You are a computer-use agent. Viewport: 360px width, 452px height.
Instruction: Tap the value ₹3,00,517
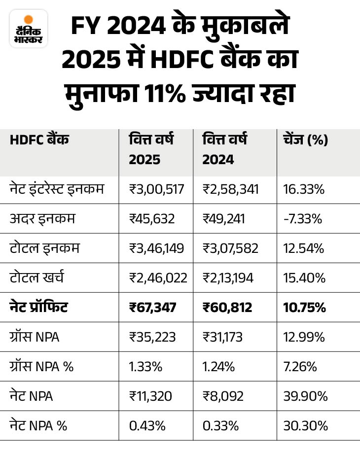click(x=155, y=189)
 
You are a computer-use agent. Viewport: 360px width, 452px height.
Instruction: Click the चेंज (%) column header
click(x=306, y=140)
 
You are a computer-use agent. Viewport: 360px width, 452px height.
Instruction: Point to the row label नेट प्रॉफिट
click(x=39, y=308)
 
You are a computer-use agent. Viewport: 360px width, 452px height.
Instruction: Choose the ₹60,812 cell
click(x=227, y=308)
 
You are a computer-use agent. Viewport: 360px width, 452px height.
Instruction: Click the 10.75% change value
click(x=305, y=308)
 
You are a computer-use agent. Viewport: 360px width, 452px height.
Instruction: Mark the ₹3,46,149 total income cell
click(x=156, y=248)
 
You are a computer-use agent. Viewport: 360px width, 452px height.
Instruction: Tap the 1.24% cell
click(x=217, y=367)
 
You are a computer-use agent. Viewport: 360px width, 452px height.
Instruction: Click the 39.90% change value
click(x=305, y=396)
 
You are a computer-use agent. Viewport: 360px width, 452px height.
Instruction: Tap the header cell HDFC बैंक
click(x=39, y=140)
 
